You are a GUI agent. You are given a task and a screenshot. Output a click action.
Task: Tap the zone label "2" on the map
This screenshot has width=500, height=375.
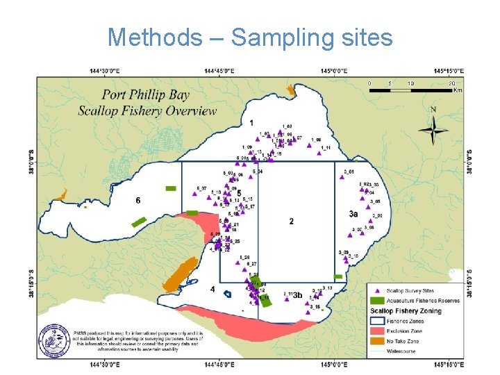click(x=291, y=222)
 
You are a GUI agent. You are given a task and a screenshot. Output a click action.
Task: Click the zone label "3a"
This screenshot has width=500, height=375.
click(x=353, y=215)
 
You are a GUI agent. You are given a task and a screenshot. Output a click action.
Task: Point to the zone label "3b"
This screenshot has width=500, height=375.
click(x=297, y=295)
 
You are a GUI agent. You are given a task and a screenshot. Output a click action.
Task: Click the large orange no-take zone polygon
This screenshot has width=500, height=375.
click(x=180, y=275)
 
